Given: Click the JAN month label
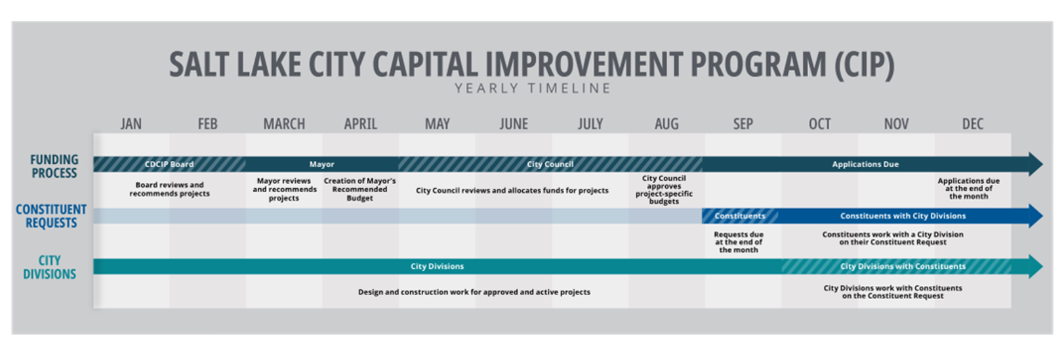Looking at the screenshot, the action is [x=131, y=124].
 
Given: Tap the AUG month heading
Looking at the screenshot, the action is [x=666, y=124].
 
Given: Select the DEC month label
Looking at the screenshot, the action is [x=972, y=124].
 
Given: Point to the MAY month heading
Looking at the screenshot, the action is [x=437, y=124].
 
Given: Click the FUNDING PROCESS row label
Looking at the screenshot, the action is [x=54, y=166].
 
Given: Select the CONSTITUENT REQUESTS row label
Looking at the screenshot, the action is [x=51, y=216].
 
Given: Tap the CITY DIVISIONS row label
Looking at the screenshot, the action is [x=49, y=268].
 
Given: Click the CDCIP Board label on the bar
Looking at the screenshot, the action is [x=169, y=165].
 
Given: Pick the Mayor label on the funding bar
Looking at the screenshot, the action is [x=321, y=165].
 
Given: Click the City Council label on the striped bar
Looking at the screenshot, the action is [x=550, y=165].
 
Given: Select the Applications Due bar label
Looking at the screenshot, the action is [x=865, y=165].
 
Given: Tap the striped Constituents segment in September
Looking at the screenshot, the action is [x=740, y=216].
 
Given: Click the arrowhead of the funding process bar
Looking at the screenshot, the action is [x=1036, y=165].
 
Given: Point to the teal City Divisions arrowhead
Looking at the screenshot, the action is [x=1036, y=266].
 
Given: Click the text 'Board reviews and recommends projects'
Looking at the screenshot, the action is [x=170, y=189].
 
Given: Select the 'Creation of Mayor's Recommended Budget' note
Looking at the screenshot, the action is [x=359, y=189].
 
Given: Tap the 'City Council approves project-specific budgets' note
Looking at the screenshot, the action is [x=664, y=190].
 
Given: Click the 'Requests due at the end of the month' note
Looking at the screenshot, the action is [x=739, y=242].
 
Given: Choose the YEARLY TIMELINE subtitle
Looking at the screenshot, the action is [x=533, y=89].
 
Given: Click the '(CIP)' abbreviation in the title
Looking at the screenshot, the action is [x=865, y=65].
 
